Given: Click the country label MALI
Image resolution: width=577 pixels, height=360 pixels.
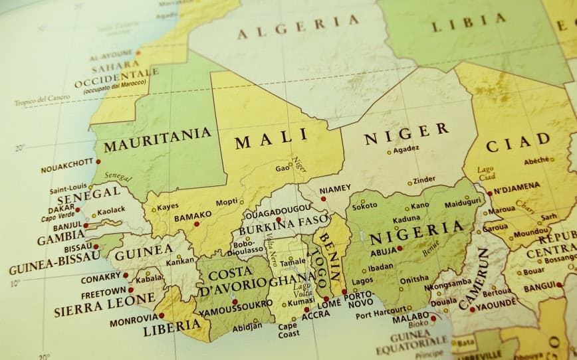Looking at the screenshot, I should (x=271, y=139).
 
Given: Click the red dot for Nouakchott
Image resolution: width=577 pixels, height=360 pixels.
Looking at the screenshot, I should (x=98, y=161).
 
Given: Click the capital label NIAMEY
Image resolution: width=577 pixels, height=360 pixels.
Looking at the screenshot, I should (x=334, y=189).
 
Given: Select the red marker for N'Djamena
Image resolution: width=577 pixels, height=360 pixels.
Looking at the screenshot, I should (x=490, y=193).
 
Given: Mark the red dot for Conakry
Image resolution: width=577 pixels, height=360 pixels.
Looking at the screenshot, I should (x=126, y=275).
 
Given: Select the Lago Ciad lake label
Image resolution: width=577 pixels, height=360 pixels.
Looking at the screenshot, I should (x=485, y=174).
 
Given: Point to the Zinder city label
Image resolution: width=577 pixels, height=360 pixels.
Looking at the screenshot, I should (x=424, y=179).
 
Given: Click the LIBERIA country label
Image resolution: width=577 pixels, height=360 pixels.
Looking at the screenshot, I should (x=172, y=326).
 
